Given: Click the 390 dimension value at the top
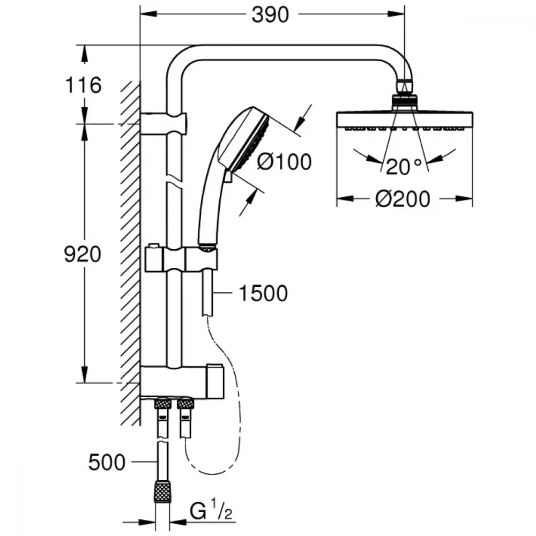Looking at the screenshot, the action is click(270, 15).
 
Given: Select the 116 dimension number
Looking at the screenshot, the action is click(84, 85).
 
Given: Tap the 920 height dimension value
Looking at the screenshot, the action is click(83, 254).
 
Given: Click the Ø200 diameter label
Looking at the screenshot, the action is click(403, 199).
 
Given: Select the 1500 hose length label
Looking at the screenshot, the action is click(263, 293).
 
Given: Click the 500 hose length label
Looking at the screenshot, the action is click(107, 463).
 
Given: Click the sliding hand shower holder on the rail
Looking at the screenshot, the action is click(181, 259).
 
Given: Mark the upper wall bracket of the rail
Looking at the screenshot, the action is click(163, 123).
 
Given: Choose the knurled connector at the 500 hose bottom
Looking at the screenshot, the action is click(162, 492).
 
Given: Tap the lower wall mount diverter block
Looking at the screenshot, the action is click(182, 382).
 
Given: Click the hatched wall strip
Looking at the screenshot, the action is click(130, 253).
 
